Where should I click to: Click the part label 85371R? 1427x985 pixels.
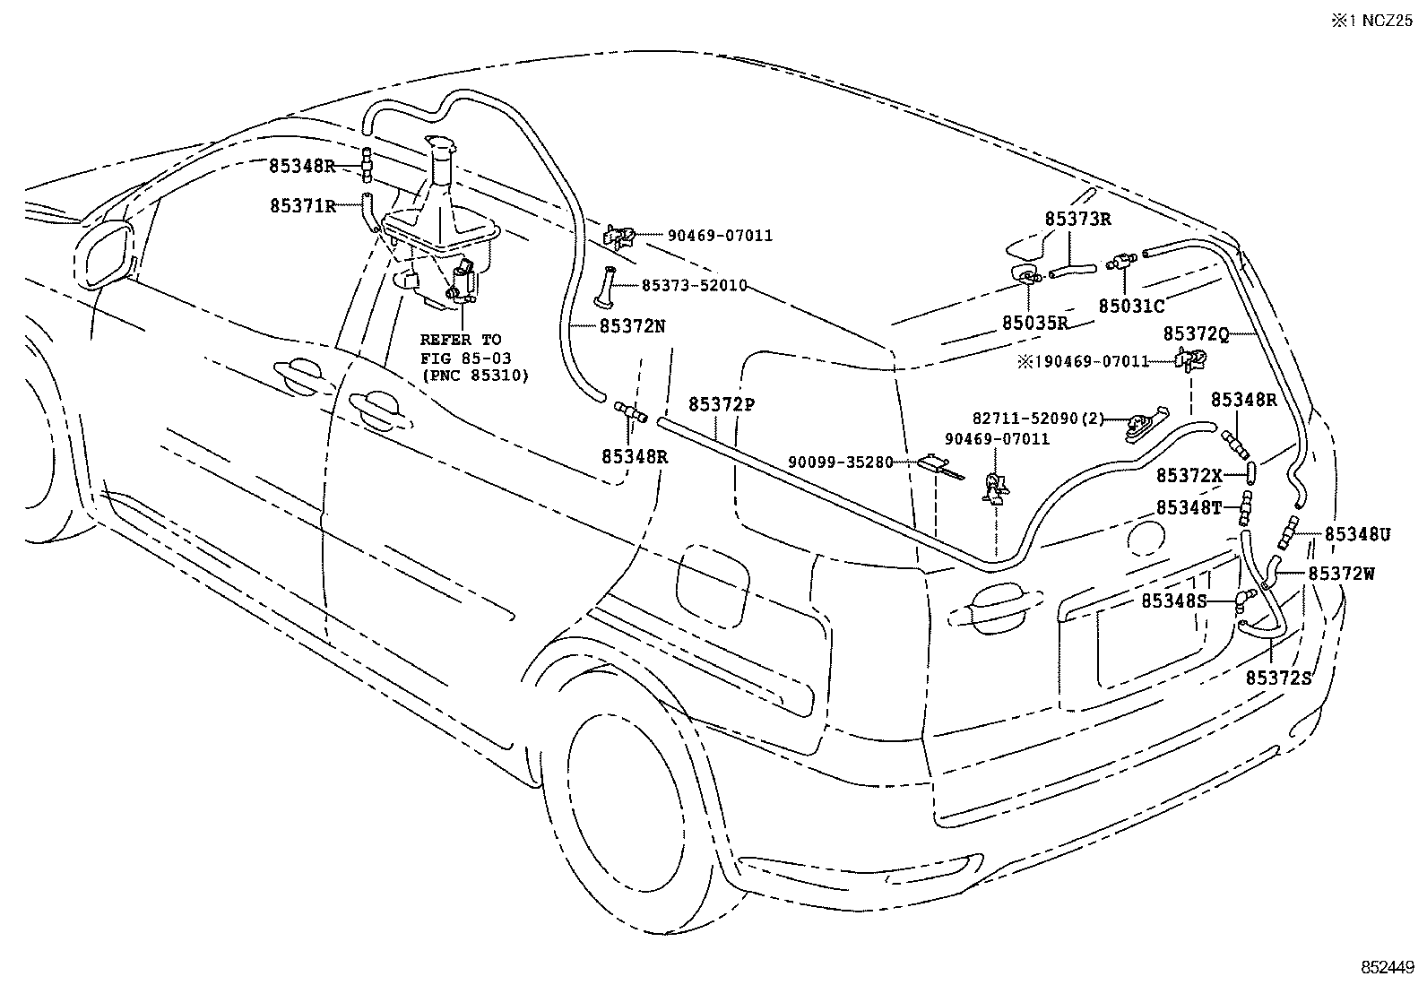(x=302, y=206)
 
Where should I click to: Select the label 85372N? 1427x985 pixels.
(x=632, y=326)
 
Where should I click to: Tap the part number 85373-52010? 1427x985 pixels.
(x=694, y=285)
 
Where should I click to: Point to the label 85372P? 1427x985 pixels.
(x=722, y=404)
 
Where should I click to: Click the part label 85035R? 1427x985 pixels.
(x=1035, y=323)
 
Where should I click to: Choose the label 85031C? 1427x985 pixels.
(x=1131, y=306)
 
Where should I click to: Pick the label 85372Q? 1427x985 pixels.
(x=1196, y=333)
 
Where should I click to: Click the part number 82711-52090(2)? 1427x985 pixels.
(x=1039, y=419)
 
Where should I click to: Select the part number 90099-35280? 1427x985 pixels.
(x=841, y=462)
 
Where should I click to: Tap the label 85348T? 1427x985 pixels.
(x=1189, y=507)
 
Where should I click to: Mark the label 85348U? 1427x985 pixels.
(x=1357, y=535)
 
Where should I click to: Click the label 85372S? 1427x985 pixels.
(x=1278, y=678)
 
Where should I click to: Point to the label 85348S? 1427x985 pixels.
(x=1174, y=601)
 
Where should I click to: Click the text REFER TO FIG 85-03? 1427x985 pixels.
(x=461, y=348)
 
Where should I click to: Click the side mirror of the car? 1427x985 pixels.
(x=108, y=254)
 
